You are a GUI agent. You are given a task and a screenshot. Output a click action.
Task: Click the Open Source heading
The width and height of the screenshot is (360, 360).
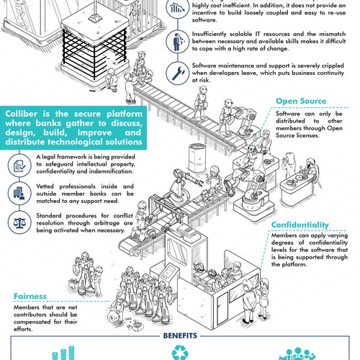(x=301, y=101)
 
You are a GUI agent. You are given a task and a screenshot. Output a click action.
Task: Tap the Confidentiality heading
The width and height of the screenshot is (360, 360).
(x=300, y=225)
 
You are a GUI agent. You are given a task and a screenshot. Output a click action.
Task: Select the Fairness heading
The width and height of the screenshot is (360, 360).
(x=30, y=296)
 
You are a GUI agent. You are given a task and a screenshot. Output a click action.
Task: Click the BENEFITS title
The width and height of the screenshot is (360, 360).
(x=180, y=336)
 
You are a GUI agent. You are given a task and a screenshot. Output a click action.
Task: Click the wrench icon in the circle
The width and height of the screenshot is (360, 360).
(x=178, y=73)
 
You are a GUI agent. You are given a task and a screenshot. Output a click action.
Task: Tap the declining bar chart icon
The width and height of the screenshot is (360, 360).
(x=178, y=8)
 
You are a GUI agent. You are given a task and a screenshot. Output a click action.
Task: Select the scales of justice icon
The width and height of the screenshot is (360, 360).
(x=19, y=222)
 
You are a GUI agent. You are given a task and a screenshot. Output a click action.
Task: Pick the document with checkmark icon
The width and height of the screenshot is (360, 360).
(x=19, y=166)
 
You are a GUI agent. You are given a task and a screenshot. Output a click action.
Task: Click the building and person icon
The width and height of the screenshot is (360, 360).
(x=19, y=193)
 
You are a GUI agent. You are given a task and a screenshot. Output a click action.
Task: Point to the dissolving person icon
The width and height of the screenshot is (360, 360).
(x=178, y=42)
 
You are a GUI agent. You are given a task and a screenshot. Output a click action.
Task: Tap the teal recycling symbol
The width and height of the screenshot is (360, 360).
(x=180, y=352)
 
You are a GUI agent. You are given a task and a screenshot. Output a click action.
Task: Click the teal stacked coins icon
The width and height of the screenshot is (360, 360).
(x=63, y=353)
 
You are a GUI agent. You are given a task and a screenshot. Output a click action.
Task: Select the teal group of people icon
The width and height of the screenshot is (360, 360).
(x=297, y=354)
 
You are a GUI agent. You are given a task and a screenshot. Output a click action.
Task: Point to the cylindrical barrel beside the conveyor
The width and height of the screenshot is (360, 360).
(x=197, y=158)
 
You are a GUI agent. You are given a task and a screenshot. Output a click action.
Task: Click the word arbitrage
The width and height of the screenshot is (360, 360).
(x=107, y=223)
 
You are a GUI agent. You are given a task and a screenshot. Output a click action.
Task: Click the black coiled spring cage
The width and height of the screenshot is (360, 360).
(x=94, y=54)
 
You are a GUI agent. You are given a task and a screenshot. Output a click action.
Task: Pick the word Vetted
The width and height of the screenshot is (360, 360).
(x=45, y=186)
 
